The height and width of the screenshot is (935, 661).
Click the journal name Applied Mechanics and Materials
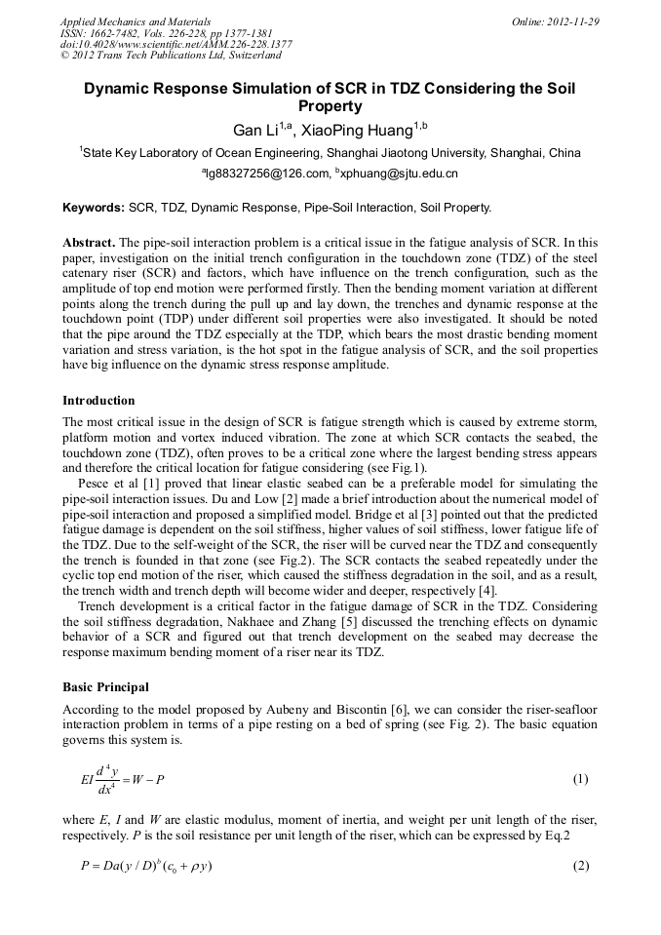click(x=136, y=20)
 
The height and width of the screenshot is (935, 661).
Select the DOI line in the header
click(x=175, y=44)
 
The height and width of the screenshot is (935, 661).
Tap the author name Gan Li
click(x=255, y=130)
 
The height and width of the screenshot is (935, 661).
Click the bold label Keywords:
click(x=94, y=208)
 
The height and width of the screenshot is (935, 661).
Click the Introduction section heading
click(x=98, y=401)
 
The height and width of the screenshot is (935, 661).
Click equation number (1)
click(x=580, y=779)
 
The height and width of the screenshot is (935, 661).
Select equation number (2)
click(x=580, y=866)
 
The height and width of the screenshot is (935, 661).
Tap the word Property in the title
click(x=330, y=106)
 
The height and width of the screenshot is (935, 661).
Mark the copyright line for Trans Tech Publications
click(x=158, y=56)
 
